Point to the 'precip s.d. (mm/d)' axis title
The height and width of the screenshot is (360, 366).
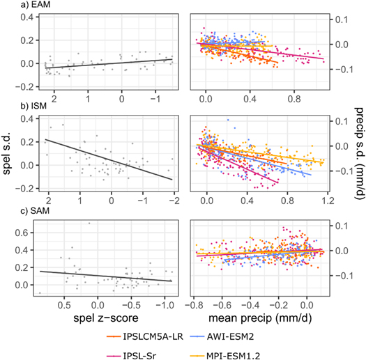point(357,155)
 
